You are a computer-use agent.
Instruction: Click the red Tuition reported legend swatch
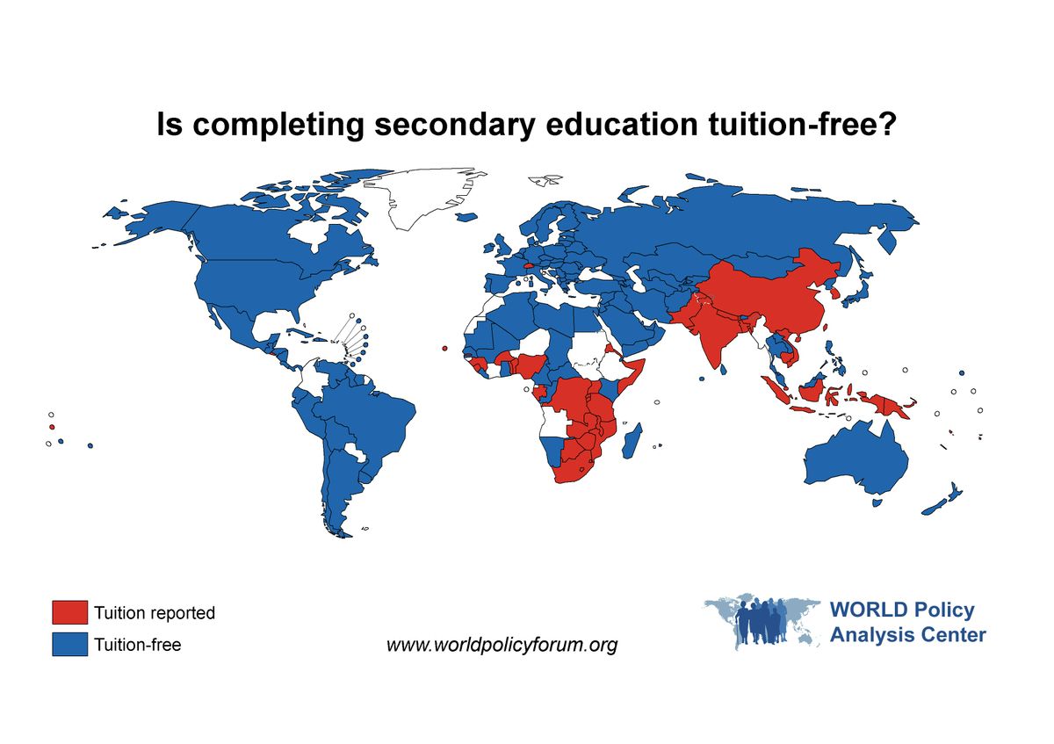pyautogui.click(x=69, y=612)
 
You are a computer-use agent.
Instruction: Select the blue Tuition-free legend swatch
pyautogui.click(x=69, y=644)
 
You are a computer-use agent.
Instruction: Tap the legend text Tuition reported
pyautogui.click(x=155, y=613)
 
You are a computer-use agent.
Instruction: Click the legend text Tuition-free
pyautogui.click(x=138, y=645)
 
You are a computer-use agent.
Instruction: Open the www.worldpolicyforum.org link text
pyautogui.click(x=502, y=646)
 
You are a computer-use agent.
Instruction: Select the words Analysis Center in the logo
pyautogui.click(x=907, y=634)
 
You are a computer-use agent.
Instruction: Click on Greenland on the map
pyautogui.click(x=430, y=198)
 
